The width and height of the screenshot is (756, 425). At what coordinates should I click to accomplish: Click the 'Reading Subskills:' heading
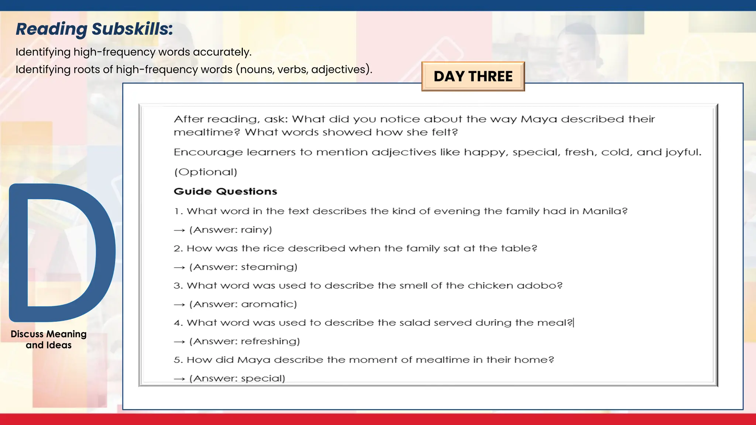(94, 29)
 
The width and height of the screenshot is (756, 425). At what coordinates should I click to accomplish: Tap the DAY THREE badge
(473, 76)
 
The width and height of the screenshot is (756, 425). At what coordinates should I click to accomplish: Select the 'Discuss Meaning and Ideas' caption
(49, 339)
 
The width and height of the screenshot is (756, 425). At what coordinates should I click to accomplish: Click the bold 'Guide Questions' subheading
(225, 191)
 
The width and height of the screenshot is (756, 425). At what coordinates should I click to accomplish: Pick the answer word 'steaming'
(268, 267)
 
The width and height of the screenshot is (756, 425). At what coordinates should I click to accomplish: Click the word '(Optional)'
(206, 172)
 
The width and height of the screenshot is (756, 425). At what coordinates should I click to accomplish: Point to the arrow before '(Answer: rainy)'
(179, 231)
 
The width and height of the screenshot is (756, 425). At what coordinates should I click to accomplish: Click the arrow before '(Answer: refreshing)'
(179, 342)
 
